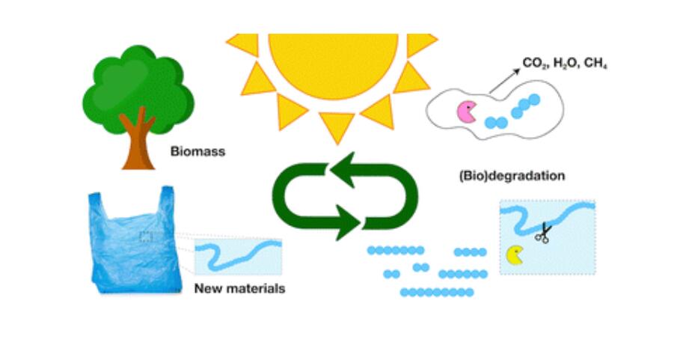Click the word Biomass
point(197,152)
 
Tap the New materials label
point(239,289)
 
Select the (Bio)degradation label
point(512,176)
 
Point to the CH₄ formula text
point(595,64)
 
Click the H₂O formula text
point(566,64)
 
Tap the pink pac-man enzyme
point(467,112)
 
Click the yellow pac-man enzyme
point(515,255)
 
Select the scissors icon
point(543,233)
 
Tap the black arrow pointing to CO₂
point(504,81)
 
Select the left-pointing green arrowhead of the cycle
point(343,170)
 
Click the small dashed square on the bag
point(146,237)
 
